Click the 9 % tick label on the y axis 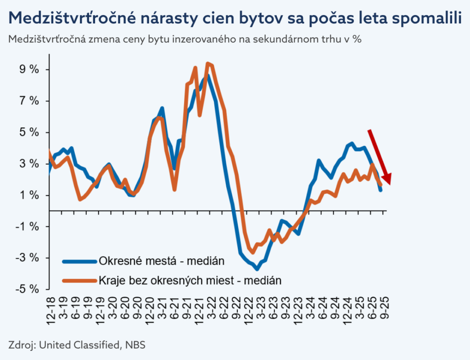[28, 70]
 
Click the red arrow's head [387, 179]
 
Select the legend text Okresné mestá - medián [161, 261]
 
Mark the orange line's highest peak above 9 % [208, 63]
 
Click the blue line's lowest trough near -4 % [257, 268]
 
